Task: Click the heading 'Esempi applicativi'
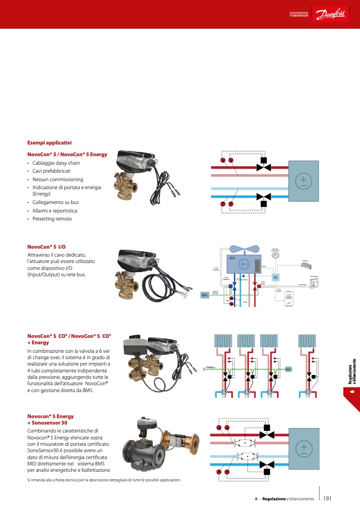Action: click(49, 142)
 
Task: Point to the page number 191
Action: click(327, 498)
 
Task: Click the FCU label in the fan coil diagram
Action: click(231, 258)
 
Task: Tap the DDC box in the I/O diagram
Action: click(204, 294)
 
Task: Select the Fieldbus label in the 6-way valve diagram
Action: click(211, 367)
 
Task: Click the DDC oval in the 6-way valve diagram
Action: click(288, 369)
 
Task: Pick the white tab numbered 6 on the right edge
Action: click(351, 392)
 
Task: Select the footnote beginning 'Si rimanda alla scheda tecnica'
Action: click(104, 480)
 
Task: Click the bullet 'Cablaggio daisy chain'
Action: click(56, 163)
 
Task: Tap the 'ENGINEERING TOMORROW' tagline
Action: click(298, 14)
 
